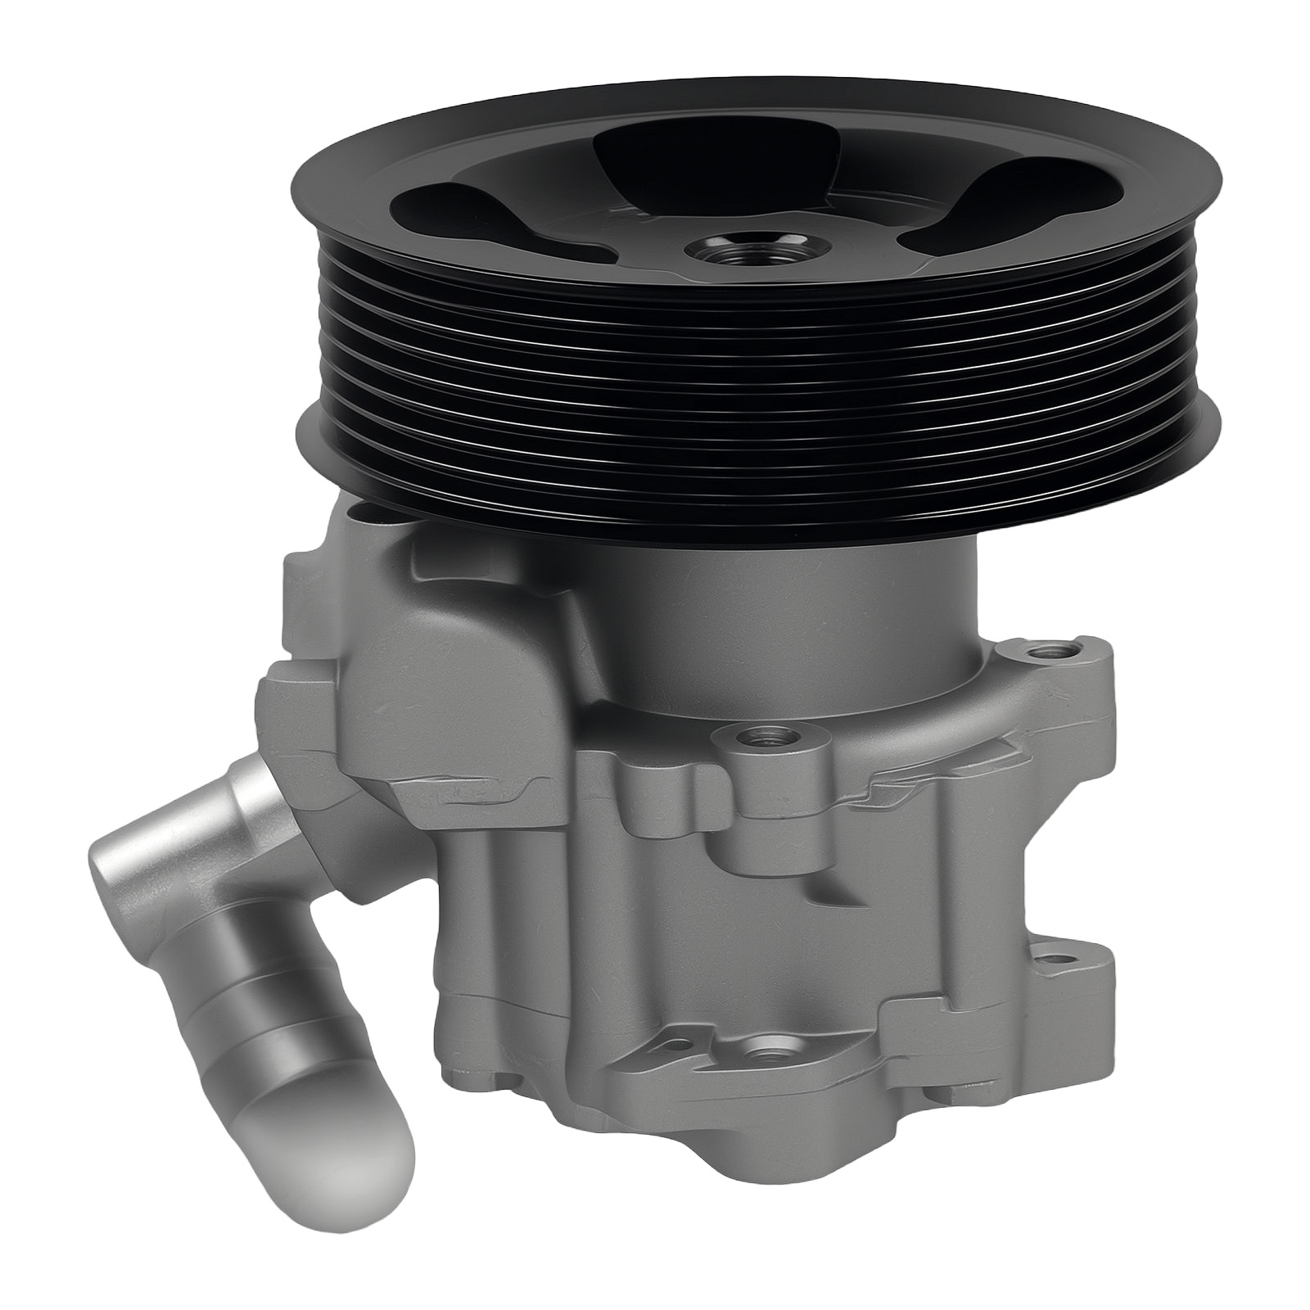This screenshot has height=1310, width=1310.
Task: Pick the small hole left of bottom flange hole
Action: click(676, 1046)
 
